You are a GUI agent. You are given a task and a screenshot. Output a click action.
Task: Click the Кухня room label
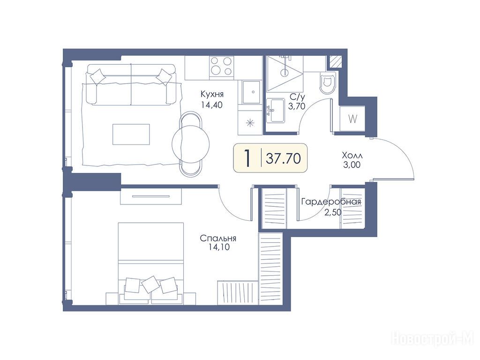coord(212,94)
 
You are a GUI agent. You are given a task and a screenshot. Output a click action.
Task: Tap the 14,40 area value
coord(212,105)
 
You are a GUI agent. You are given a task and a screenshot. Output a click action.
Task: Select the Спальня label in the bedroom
coord(218,238)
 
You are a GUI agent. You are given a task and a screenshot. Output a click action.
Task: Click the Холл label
coord(352,155)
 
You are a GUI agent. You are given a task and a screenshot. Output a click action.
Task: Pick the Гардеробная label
coord(331,202)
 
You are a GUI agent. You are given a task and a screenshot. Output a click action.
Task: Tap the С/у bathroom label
coord(297,97)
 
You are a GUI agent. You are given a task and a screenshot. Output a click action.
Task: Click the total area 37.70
coord(283,158)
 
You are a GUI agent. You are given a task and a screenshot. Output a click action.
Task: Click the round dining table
coord(191,144)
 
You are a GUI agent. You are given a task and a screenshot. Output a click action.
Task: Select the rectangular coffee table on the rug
coord(131,134)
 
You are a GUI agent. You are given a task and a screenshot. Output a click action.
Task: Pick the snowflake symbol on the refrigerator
coord(250,123)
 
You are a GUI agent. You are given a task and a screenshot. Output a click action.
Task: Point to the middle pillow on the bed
coord(150,284)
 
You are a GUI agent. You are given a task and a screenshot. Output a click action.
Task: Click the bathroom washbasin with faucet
coord(276,110)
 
